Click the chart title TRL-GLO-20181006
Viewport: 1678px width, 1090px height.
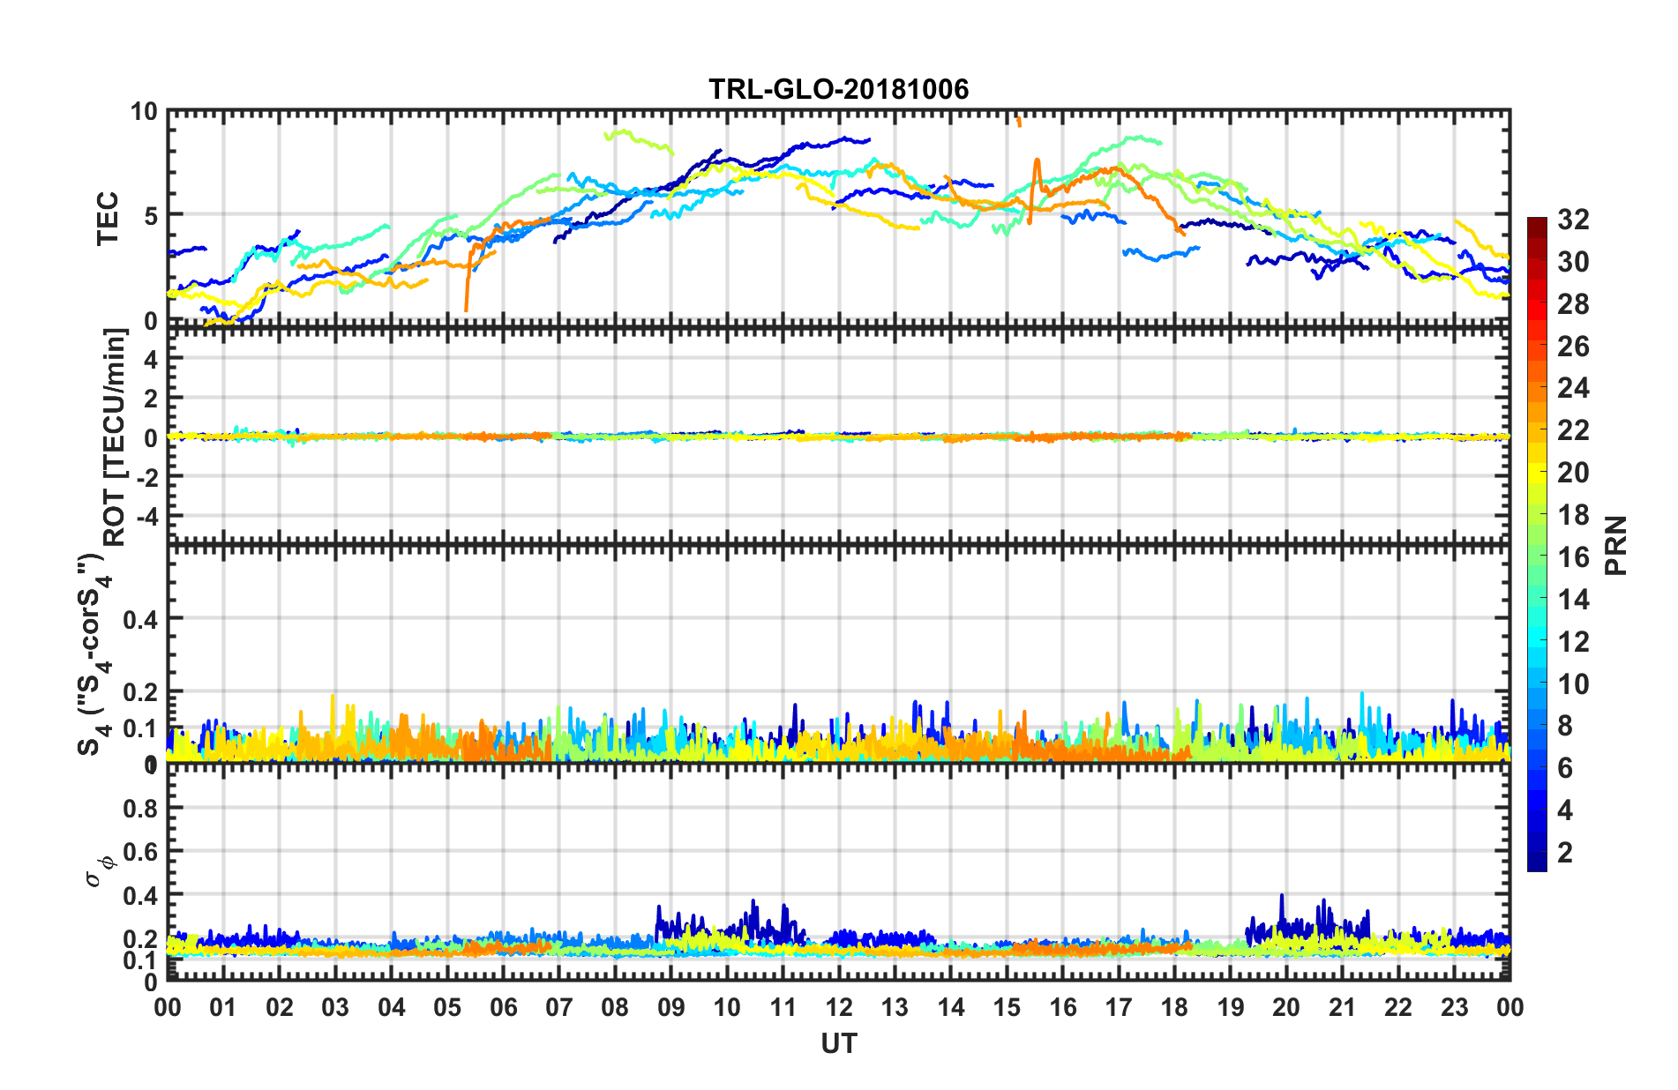point(838,89)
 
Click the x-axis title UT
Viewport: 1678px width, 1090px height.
point(838,1044)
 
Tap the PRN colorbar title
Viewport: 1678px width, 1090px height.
point(1616,545)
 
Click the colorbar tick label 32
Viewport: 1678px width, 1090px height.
point(1573,220)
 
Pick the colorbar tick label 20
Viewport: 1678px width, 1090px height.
point(1573,473)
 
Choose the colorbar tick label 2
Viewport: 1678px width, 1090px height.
point(1566,853)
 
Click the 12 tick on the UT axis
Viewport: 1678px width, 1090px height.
point(839,1008)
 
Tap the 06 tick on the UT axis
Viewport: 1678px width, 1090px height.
point(503,1008)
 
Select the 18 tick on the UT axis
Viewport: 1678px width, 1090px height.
point(1174,1008)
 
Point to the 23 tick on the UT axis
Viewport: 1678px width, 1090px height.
point(1454,1008)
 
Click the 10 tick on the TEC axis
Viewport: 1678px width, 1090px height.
point(144,112)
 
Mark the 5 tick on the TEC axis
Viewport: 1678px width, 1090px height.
point(150,215)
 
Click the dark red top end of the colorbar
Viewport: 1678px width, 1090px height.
point(1537,221)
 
